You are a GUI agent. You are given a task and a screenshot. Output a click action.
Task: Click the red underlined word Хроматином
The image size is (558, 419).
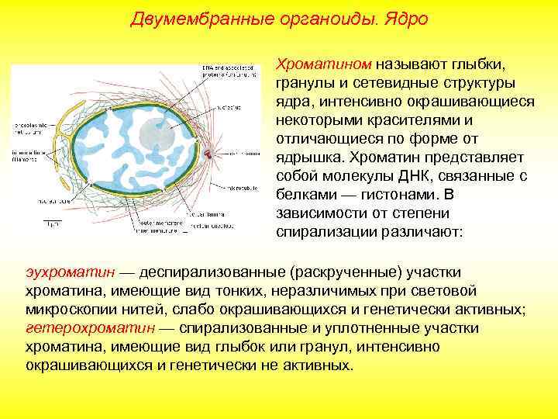click(x=325, y=64)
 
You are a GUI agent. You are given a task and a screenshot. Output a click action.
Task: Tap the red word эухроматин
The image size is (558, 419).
click(x=71, y=272)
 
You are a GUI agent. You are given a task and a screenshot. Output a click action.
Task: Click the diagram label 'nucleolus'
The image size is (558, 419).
click(x=230, y=106)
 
